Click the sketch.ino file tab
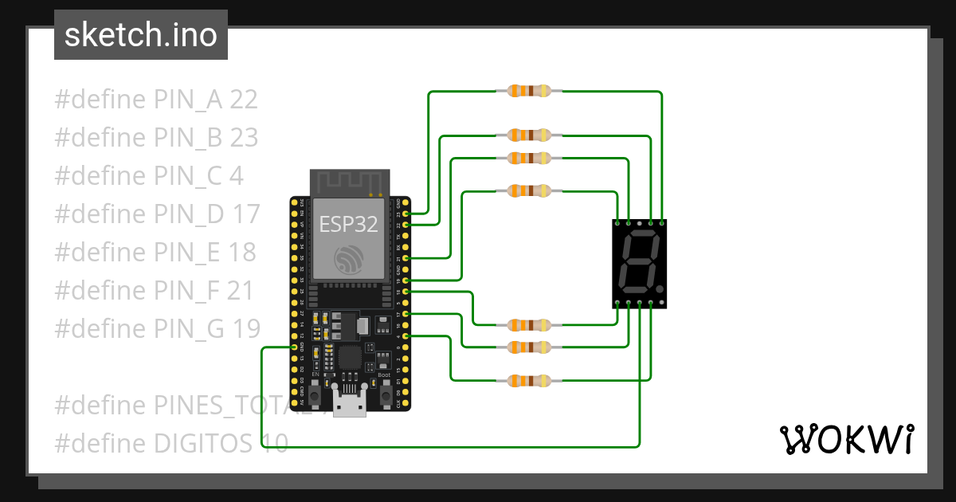pos(141,35)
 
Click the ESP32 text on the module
pos(348,224)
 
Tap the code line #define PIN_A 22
pos(156,100)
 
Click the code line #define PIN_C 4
pos(149,176)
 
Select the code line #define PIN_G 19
pos(157,327)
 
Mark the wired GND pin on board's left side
pos(295,347)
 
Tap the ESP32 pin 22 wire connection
pos(407,226)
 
